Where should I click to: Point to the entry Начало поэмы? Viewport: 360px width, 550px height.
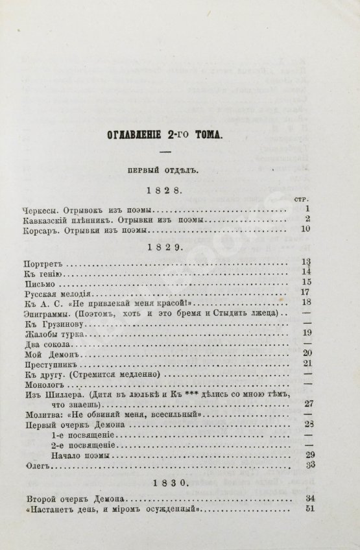coord(77,455)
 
